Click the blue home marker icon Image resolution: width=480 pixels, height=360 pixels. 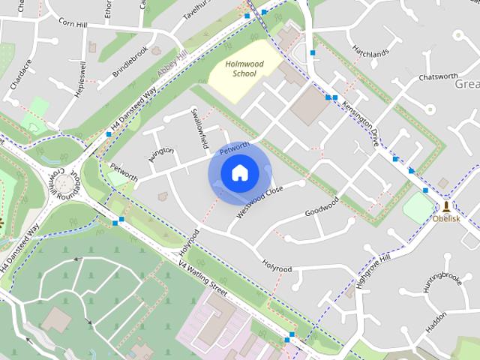239,173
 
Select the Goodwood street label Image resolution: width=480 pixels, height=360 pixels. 322,207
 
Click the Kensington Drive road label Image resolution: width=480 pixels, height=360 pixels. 361,123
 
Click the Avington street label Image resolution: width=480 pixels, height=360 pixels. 160,155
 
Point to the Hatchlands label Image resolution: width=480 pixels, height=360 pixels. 370,54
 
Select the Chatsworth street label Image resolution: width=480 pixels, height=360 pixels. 438,76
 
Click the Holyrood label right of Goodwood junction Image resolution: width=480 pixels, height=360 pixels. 277,265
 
